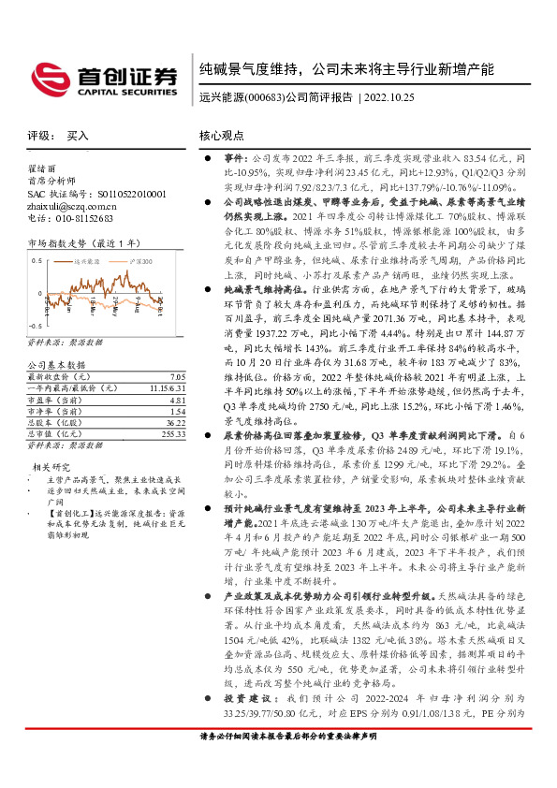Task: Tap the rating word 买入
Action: tap(78, 136)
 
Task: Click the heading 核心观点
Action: tap(222, 136)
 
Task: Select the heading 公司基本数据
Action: tap(57, 364)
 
